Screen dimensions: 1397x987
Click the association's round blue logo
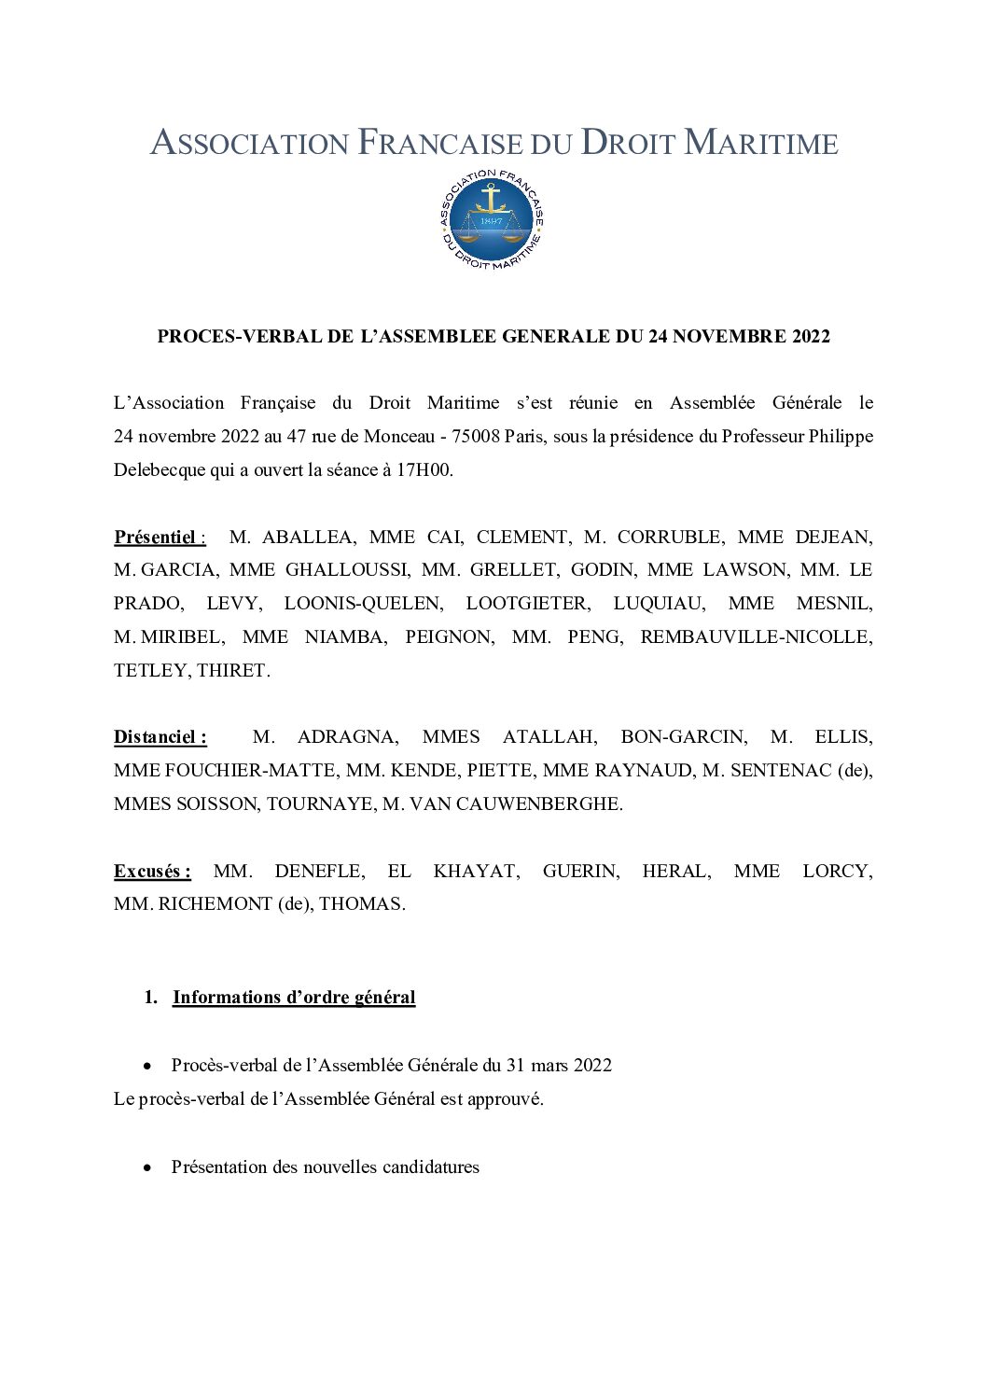point(492,221)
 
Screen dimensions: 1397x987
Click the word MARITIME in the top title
point(761,143)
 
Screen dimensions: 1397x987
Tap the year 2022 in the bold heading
point(811,337)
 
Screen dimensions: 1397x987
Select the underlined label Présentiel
point(155,537)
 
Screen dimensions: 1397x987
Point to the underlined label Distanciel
point(155,736)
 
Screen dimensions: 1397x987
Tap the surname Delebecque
point(160,469)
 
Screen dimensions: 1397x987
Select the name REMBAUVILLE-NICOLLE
point(756,636)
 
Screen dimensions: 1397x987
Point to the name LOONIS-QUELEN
point(364,603)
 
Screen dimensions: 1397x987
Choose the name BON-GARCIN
point(683,736)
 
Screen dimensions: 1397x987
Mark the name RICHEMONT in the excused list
point(215,903)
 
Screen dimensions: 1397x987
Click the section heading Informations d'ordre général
point(294,997)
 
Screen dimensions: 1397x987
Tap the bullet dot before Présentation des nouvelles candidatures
point(147,1167)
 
